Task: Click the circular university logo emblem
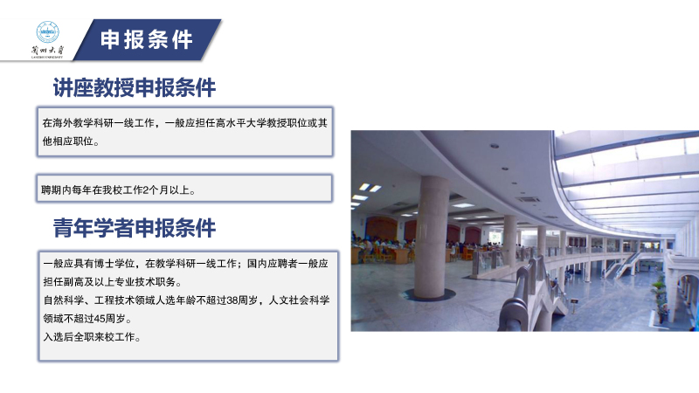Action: tap(47, 32)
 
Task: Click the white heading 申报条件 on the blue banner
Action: tap(147, 39)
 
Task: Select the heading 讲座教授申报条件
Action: tap(135, 87)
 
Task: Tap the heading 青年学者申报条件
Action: tap(135, 228)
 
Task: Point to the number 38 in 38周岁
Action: tap(232, 300)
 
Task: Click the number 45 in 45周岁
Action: tap(100, 319)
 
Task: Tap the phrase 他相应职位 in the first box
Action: tap(68, 141)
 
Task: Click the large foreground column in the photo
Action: tap(431, 237)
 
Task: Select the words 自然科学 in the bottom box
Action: tap(63, 300)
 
